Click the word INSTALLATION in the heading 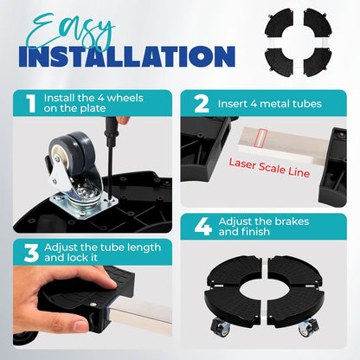127,56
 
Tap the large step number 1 31,103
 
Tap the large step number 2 202,104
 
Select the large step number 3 31,253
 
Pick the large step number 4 203,227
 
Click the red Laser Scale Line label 269,167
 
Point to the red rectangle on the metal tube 261,138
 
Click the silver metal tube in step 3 140,316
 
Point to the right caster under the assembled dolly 309,327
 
